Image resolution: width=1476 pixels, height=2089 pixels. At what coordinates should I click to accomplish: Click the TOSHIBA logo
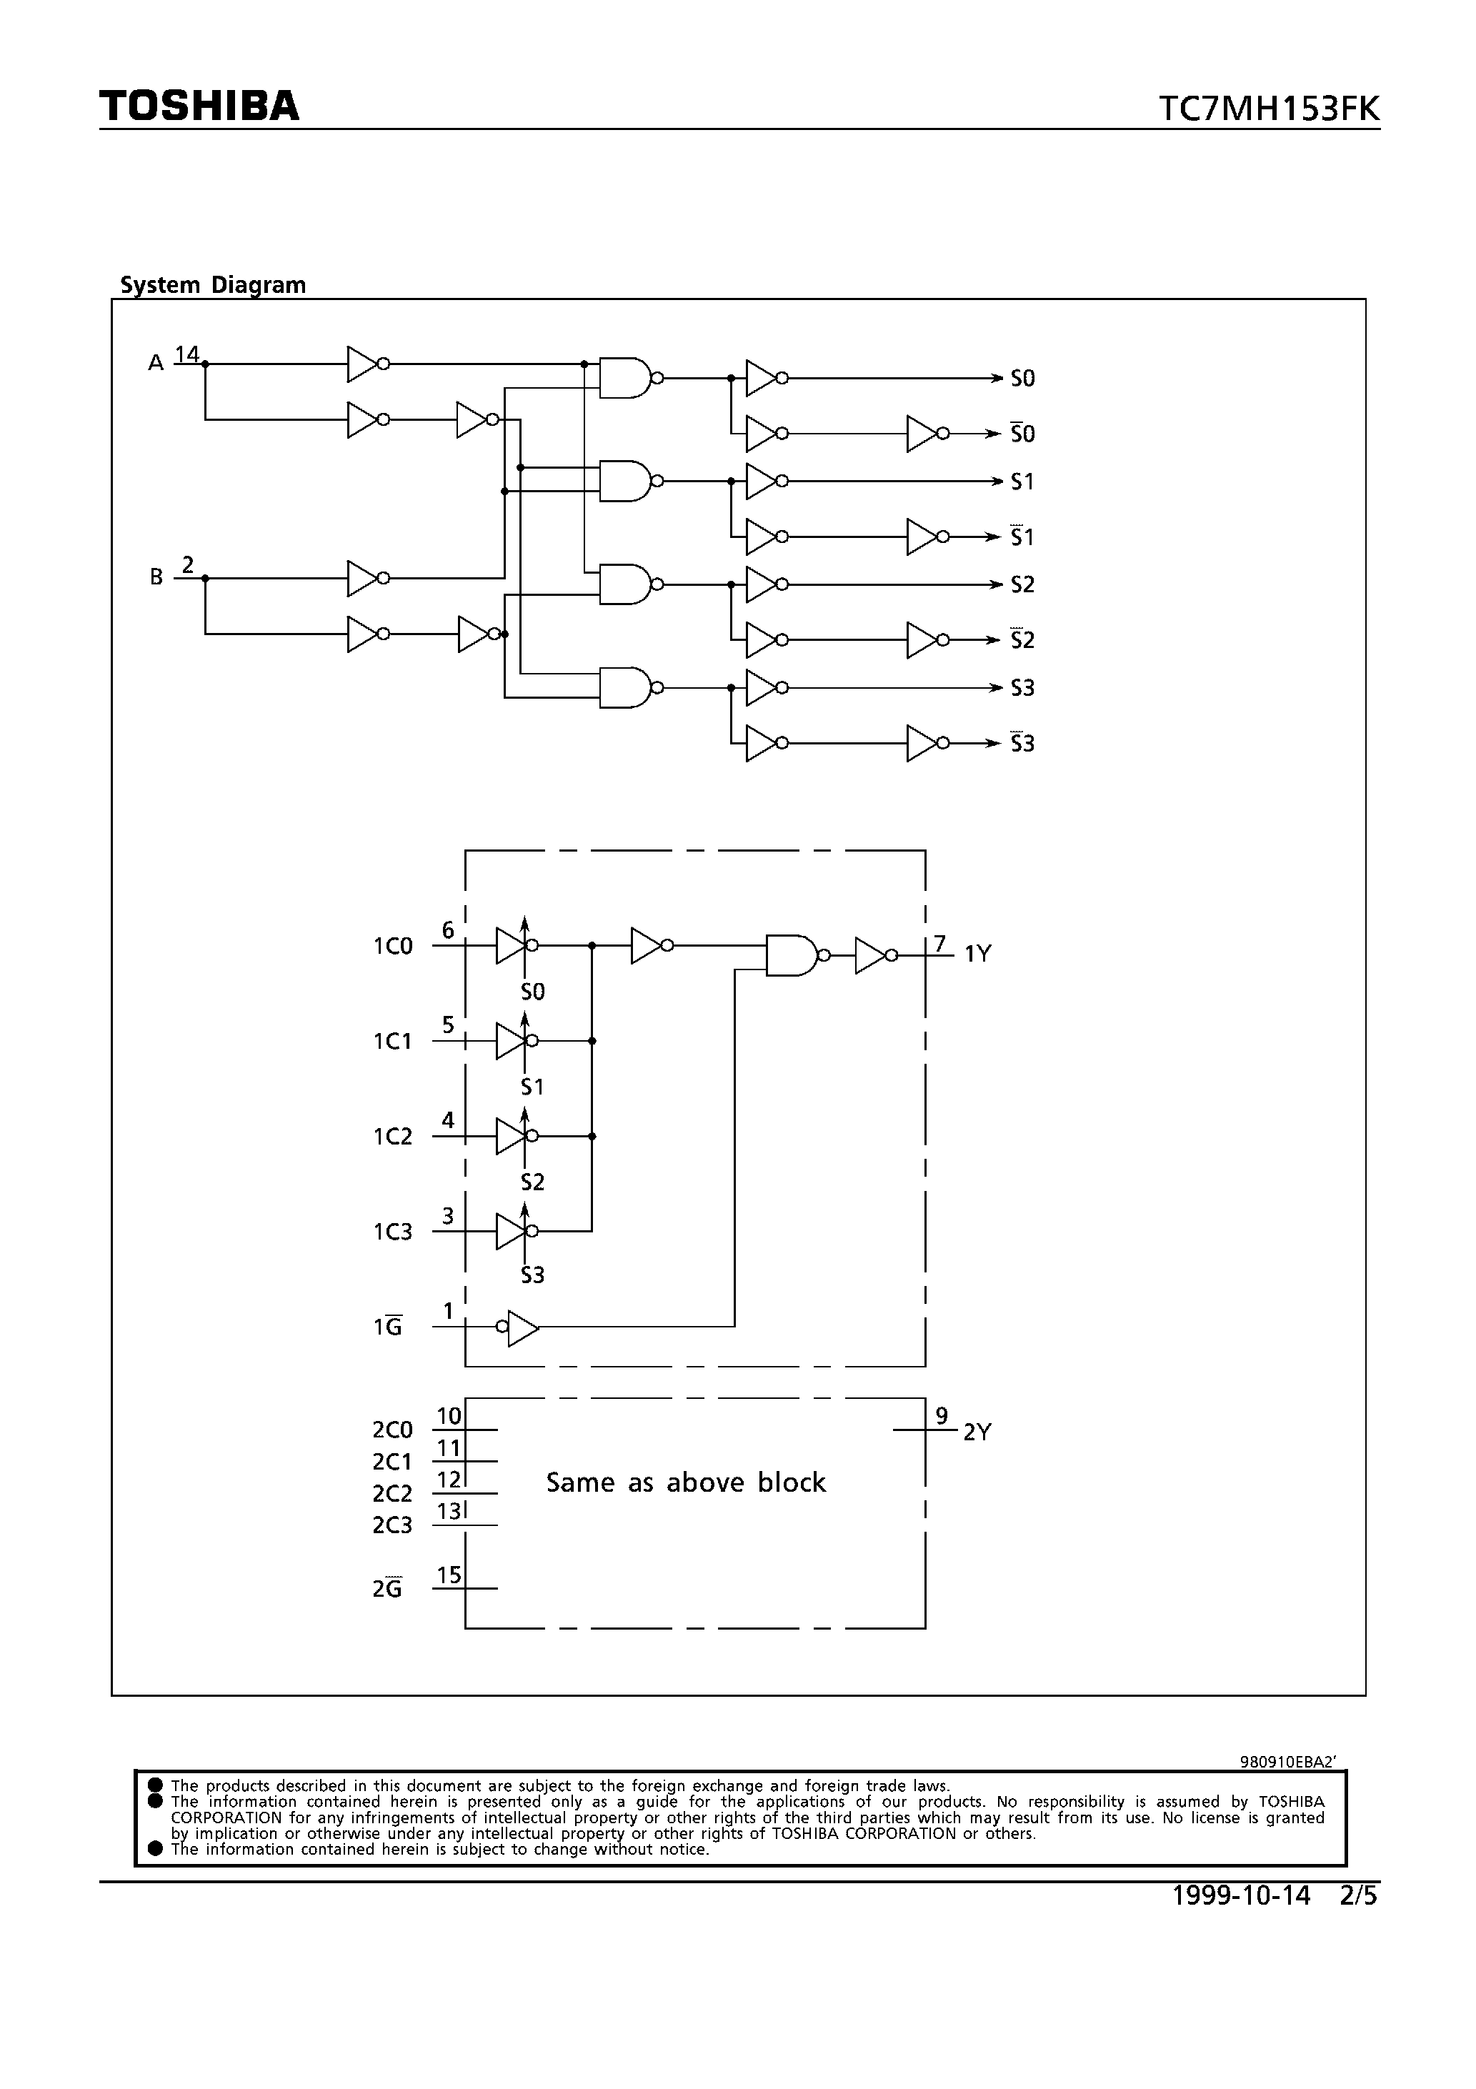(x=199, y=106)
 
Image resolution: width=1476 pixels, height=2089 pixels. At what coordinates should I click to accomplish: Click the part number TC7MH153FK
(x=1269, y=109)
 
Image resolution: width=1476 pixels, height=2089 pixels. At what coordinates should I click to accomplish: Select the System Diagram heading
(x=213, y=285)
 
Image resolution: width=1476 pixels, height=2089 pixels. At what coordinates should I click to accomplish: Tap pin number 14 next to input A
(x=186, y=353)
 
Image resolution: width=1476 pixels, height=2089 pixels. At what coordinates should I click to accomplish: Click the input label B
(x=156, y=577)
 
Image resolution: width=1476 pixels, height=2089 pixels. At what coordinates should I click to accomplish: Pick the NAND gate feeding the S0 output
(x=626, y=378)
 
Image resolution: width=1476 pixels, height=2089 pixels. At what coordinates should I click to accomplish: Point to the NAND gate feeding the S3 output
(x=626, y=687)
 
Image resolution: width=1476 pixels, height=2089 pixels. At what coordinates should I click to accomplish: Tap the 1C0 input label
(x=392, y=946)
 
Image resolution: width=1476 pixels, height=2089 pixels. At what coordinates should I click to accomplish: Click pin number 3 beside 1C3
(x=448, y=1215)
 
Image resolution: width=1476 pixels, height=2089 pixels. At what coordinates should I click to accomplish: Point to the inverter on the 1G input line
(x=521, y=1327)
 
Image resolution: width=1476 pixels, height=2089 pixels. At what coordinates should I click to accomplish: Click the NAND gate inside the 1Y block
(x=794, y=954)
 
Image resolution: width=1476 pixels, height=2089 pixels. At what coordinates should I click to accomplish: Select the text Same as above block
(x=685, y=1483)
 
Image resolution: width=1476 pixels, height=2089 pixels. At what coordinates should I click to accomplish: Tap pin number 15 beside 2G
(x=449, y=1575)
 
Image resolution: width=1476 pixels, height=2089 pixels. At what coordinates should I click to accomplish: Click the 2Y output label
(x=977, y=1432)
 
